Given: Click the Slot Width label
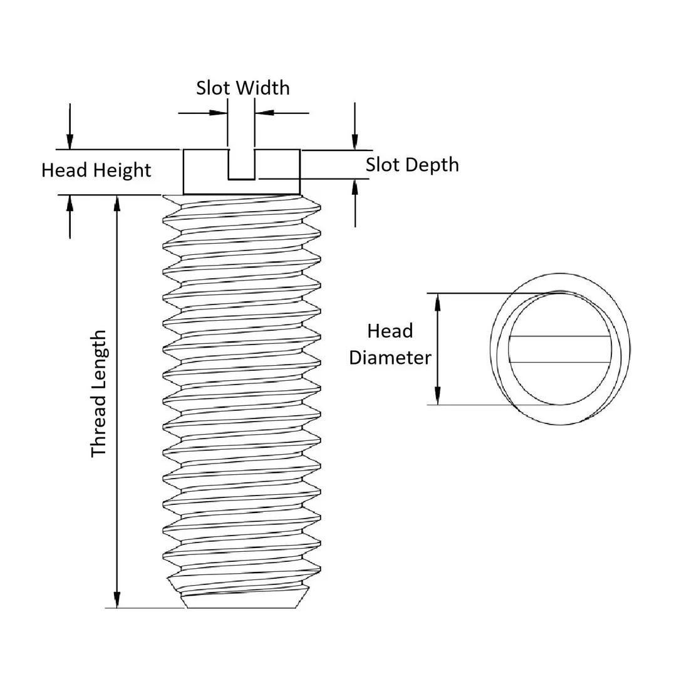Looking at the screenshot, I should click(243, 88).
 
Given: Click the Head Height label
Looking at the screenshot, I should click(96, 170).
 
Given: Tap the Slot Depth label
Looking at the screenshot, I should click(412, 165).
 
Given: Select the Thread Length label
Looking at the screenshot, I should click(99, 394).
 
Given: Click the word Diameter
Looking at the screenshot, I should click(390, 358).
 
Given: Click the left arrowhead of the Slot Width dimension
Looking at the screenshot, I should click(219, 113).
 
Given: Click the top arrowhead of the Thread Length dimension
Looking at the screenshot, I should click(117, 204).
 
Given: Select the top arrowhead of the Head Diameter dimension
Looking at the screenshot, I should click(437, 302).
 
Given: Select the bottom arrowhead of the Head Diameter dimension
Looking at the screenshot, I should click(437, 396).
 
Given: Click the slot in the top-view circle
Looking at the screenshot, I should click(559, 349).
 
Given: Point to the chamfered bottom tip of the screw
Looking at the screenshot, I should click(241, 600).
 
